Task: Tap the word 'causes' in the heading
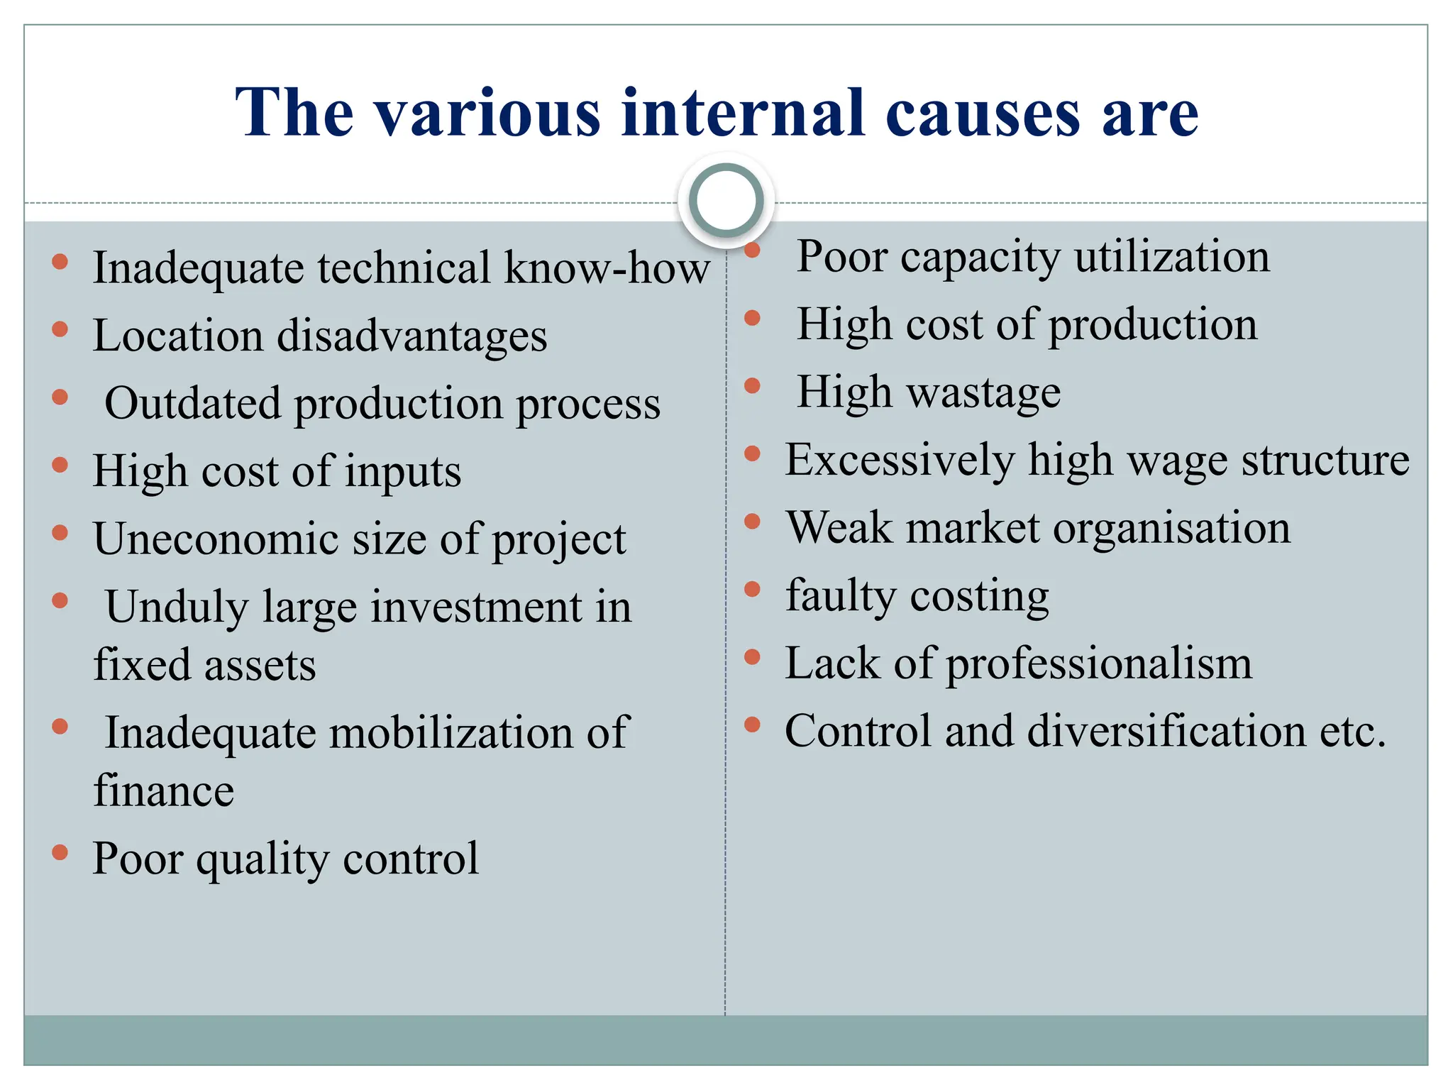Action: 983,114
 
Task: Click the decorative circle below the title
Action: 726,201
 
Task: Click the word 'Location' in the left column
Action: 177,335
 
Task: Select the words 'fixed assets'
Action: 204,665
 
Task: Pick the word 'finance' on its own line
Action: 163,791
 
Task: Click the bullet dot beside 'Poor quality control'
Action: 60,852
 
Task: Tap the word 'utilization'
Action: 1171,256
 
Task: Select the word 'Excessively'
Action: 900,460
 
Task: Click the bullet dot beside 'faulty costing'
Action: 752,590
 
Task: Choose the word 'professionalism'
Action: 1099,664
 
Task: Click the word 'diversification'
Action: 1166,731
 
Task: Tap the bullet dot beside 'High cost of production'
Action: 752,318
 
